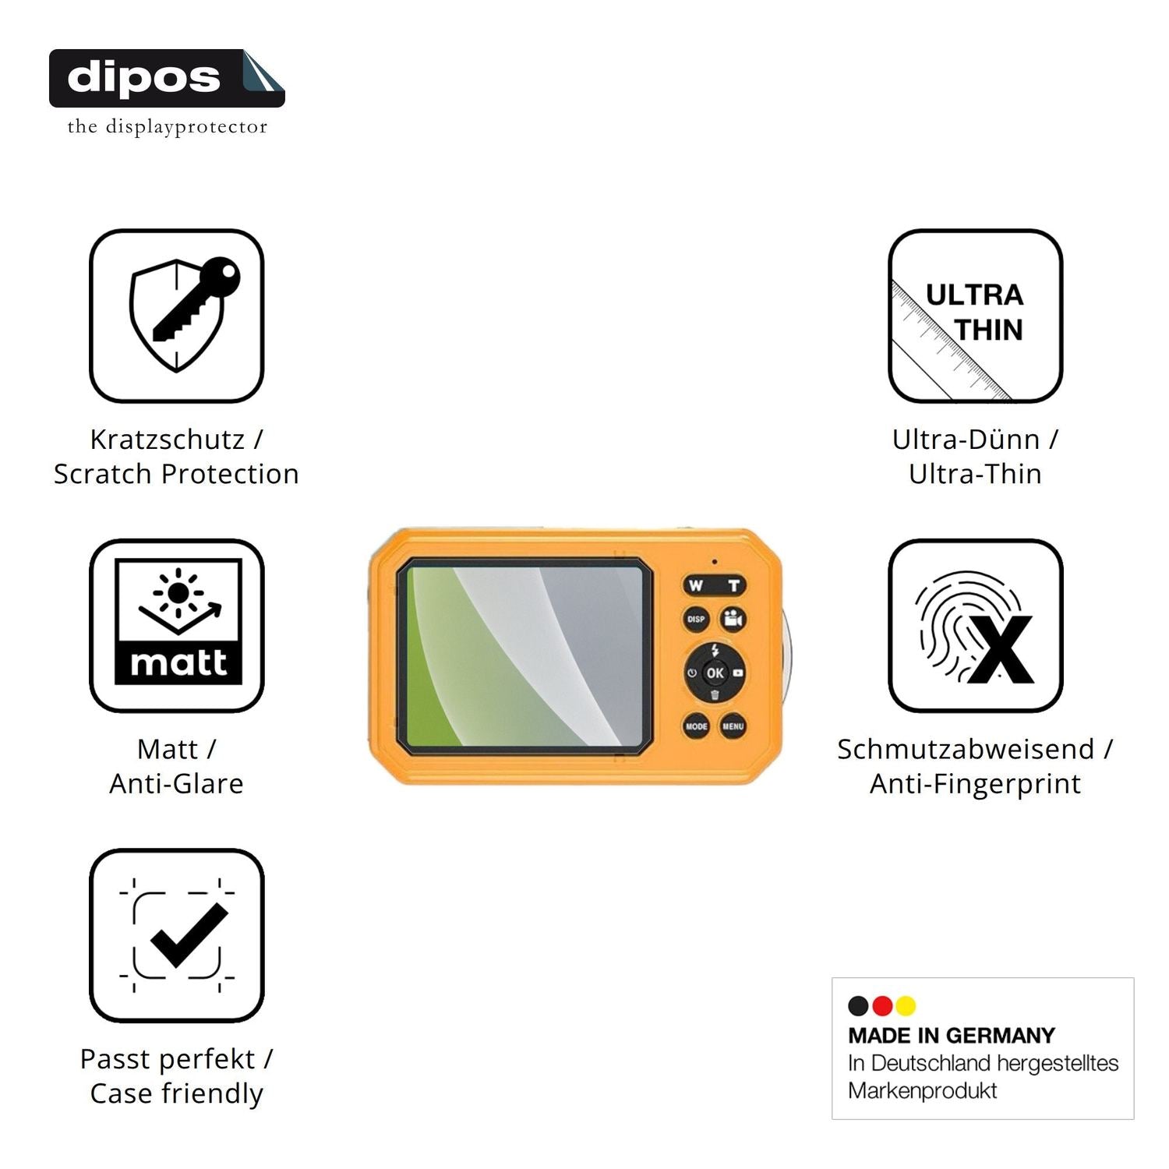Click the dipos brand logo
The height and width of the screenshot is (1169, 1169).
pyautogui.click(x=167, y=78)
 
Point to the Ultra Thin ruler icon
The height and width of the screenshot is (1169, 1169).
pyautogui.click(x=976, y=316)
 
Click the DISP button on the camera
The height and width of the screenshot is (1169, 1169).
pyautogui.click(x=696, y=620)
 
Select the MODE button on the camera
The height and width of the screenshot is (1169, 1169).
pyautogui.click(x=696, y=726)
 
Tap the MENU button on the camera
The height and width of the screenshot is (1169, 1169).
pyautogui.click(x=733, y=726)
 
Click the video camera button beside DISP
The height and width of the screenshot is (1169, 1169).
pyautogui.click(x=733, y=620)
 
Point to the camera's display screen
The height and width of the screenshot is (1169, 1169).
pyautogui.click(x=524, y=656)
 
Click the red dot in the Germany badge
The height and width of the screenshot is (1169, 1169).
pyautogui.click(x=882, y=1006)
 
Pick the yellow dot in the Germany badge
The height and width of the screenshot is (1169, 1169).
pyautogui.click(x=906, y=1006)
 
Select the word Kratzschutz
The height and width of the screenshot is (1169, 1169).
pyautogui.click(x=168, y=440)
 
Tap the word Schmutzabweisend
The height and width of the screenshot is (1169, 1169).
pyautogui.click(x=966, y=749)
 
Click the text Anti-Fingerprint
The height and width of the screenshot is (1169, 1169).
pyautogui.click(x=976, y=784)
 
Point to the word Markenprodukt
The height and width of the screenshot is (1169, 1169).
pyautogui.click(x=923, y=1091)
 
